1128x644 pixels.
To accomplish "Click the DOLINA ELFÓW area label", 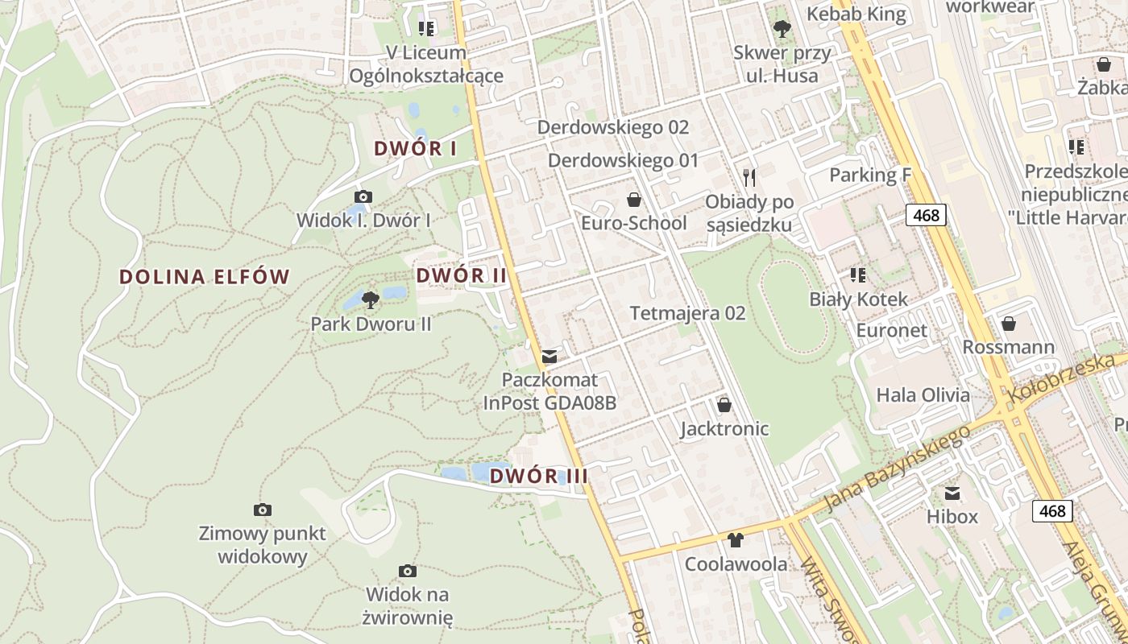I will pos(204,277).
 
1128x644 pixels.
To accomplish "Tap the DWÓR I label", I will pos(415,148).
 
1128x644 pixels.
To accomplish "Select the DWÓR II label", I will pos(461,275).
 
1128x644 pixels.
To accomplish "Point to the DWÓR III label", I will pos(538,476).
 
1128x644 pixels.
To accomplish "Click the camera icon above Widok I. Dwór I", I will pos(363,196).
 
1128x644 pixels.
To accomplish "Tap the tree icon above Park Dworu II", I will pos(371,300).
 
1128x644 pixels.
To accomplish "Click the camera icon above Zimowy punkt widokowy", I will pos(262,510).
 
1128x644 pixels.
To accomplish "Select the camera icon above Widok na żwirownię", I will pos(408,571).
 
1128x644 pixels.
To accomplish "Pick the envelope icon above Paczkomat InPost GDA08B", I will pos(550,356).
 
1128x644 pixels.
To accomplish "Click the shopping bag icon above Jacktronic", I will pos(724,404).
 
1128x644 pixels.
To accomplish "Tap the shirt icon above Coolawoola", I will pos(735,540).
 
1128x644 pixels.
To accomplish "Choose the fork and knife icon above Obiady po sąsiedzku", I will pos(749,177).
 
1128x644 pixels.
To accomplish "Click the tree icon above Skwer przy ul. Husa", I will pos(781,30).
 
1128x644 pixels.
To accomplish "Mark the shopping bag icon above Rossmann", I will pos(1008,324).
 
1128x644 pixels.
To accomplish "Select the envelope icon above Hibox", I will pos(952,493).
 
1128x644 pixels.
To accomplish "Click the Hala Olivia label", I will pos(923,395).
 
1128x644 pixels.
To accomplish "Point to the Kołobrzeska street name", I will pos(1067,377).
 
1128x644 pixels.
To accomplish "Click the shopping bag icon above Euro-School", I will pos(634,199).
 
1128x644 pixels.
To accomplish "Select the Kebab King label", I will pos(856,14).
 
